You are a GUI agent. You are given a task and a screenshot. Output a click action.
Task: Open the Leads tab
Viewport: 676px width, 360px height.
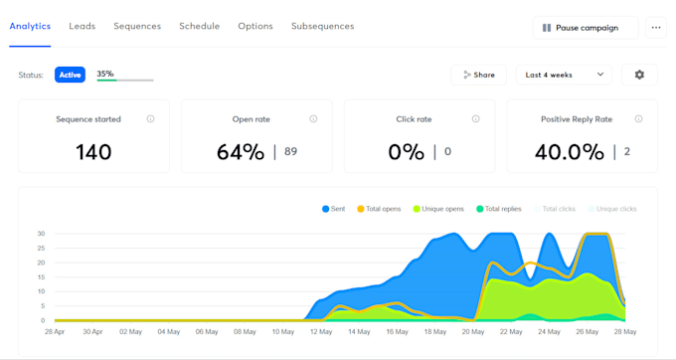pos(83,26)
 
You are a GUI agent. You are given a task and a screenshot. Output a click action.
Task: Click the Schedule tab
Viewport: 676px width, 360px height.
pos(200,26)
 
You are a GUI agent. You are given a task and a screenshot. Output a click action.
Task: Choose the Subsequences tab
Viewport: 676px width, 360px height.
pos(322,26)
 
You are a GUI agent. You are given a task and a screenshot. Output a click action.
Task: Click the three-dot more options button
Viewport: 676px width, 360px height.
pos(656,28)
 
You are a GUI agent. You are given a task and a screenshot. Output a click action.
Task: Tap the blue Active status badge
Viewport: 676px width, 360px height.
pos(70,75)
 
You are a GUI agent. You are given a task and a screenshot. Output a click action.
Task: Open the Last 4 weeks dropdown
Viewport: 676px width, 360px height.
pos(563,75)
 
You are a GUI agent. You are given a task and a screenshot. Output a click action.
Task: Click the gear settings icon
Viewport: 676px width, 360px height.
pos(639,75)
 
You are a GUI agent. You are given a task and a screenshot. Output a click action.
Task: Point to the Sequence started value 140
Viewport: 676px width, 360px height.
pos(93,152)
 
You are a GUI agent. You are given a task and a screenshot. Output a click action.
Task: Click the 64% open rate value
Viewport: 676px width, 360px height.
pos(243,152)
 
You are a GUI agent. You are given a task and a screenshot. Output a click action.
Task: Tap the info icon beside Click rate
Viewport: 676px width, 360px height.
pos(475,119)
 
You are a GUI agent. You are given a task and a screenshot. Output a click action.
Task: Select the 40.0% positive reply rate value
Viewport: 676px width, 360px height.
pos(570,152)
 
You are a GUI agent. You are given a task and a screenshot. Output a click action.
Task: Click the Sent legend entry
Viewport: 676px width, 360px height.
pos(332,209)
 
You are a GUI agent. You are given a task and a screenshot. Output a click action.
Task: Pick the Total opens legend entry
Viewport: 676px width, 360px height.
pos(379,209)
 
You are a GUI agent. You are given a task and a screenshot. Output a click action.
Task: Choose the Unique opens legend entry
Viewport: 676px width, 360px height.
pos(438,209)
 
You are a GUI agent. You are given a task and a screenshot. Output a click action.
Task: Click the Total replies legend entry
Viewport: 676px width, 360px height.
pos(500,209)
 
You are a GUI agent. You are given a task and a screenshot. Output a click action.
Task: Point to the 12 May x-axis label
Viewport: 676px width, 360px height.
pos(320,331)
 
